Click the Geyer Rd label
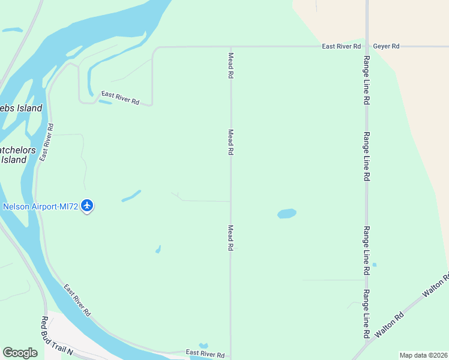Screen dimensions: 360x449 (386, 46)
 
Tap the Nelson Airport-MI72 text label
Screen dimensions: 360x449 (40, 207)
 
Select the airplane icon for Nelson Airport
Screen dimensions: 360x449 (88, 206)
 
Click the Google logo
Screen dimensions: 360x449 (20, 353)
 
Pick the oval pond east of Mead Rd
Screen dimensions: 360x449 (287, 214)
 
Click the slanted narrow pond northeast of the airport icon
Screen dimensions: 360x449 (131, 196)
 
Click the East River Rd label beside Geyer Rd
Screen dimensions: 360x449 (341, 46)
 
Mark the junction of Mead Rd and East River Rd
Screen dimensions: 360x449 (231, 46)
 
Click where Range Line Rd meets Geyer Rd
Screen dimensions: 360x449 (367, 46)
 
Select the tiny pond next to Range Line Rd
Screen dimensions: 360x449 (374, 265)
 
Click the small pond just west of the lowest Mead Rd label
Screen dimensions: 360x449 (158, 248)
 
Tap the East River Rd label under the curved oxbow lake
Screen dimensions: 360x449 (120, 98)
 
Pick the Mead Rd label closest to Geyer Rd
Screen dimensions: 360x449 (231, 65)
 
